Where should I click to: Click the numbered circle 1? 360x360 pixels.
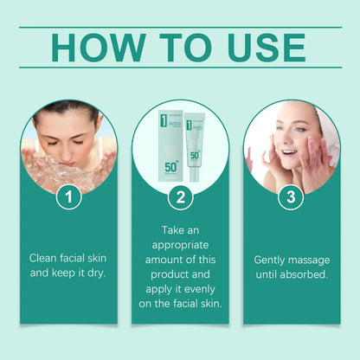(x=69, y=198)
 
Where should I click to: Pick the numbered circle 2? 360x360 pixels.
(x=180, y=198)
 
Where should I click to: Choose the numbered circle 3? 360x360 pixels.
(x=291, y=198)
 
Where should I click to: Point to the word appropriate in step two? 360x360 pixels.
(x=180, y=245)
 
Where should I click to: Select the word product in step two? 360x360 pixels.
(x=181, y=274)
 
